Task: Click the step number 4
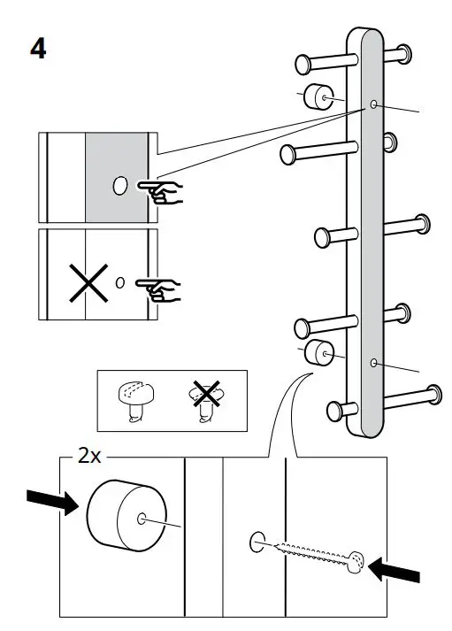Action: click(x=38, y=47)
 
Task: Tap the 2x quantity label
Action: click(x=90, y=457)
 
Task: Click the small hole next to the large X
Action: click(x=121, y=283)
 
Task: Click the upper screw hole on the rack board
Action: click(x=374, y=105)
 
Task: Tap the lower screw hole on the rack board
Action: click(x=374, y=363)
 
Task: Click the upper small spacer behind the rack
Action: click(x=316, y=96)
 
